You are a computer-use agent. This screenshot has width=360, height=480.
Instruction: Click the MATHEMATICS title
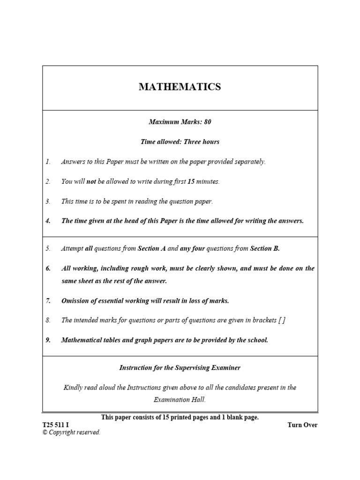pyautogui.click(x=180, y=87)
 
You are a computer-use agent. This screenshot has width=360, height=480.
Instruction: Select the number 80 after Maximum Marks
pyautogui.click(x=207, y=122)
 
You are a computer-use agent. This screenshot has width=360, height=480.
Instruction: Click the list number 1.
pyautogui.click(x=48, y=162)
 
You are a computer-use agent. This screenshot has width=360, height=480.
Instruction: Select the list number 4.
pyautogui.click(x=48, y=221)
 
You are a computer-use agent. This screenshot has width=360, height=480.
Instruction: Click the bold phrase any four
pyautogui.click(x=192, y=249)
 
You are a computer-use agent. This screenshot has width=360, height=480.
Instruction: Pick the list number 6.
pyautogui.click(x=48, y=269)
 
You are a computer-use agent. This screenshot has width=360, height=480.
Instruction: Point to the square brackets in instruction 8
pyautogui.click(x=281, y=321)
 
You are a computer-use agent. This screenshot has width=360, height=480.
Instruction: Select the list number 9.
pyautogui.click(x=48, y=340)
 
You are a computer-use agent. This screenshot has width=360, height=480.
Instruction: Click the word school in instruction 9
pyautogui.click(x=257, y=340)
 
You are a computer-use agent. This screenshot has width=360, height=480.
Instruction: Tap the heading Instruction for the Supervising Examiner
pyautogui.click(x=180, y=368)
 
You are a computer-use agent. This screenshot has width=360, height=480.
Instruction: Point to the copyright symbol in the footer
pyautogui.click(x=45, y=433)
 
